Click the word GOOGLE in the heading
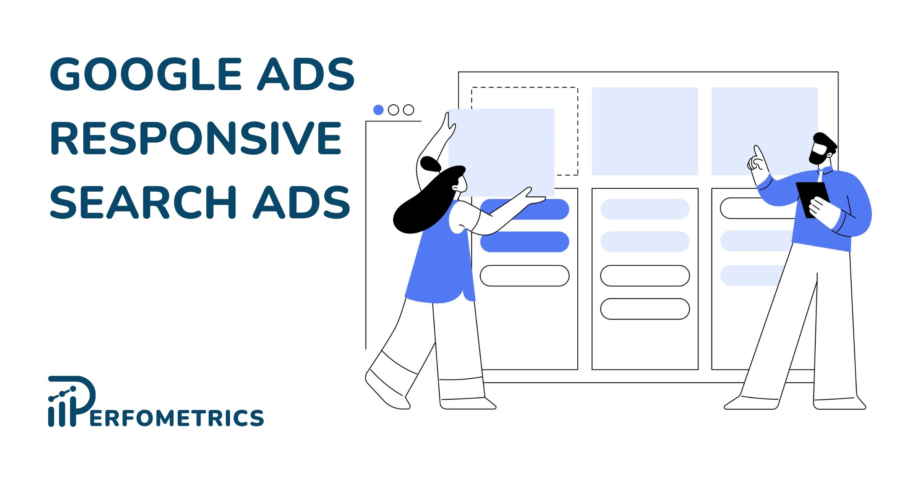tap(145, 74)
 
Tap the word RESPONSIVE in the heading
tap(196, 138)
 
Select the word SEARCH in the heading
tap(143, 202)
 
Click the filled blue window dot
tap(378, 110)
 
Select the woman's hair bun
tap(430, 164)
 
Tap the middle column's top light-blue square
tap(645, 131)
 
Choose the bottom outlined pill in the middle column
tap(645, 309)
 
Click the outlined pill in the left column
tap(525, 276)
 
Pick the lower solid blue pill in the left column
tap(525, 242)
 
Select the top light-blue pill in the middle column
tap(645, 209)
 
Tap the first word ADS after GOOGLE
tap(306, 74)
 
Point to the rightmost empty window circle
tap(408, 110)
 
